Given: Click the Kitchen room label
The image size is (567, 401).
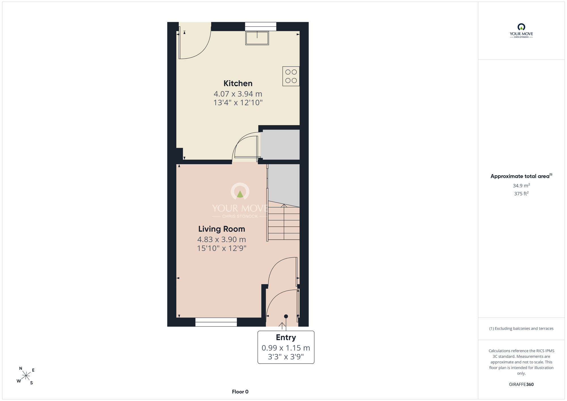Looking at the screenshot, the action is point(238,83).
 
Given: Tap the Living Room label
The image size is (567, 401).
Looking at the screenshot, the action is point(222,229).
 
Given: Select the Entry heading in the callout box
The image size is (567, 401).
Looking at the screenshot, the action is point(286,337).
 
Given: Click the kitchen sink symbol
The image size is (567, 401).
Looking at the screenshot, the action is point(257,38).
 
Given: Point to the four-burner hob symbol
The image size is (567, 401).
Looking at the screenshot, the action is point(291,76).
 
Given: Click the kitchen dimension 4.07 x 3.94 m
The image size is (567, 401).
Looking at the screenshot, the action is point(238,94).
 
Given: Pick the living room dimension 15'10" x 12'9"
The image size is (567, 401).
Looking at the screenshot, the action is point(222,248).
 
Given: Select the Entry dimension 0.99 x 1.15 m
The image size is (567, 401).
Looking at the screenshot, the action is point(286,348).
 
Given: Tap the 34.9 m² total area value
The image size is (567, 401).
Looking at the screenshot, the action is point(521,185).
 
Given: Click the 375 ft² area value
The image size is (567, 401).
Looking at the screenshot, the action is point(521,193).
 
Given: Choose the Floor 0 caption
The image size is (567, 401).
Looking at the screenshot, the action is point(240,392).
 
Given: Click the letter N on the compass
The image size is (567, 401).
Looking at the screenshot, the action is point(21,368).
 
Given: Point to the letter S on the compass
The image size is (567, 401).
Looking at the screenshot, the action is point(31,383).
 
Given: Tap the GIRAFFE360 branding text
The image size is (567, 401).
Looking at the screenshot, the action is point(521,385).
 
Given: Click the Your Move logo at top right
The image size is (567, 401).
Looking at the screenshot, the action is point(521,31).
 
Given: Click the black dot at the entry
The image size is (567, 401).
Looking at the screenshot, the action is point(286,316).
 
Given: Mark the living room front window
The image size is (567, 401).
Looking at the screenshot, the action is point(216,322).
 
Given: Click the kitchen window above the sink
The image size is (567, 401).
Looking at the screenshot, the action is point(261,26).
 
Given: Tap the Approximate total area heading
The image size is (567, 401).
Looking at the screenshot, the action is point(521,176).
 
